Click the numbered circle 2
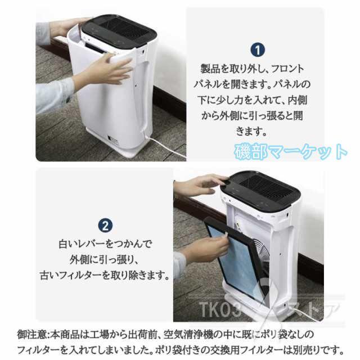pos(105,226)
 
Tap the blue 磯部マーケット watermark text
pos(291,151)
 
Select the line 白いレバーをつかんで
pos(105,245)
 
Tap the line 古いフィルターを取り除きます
pos(105,276)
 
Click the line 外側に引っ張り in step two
pos(105,260)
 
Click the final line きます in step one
pos(256,132)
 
